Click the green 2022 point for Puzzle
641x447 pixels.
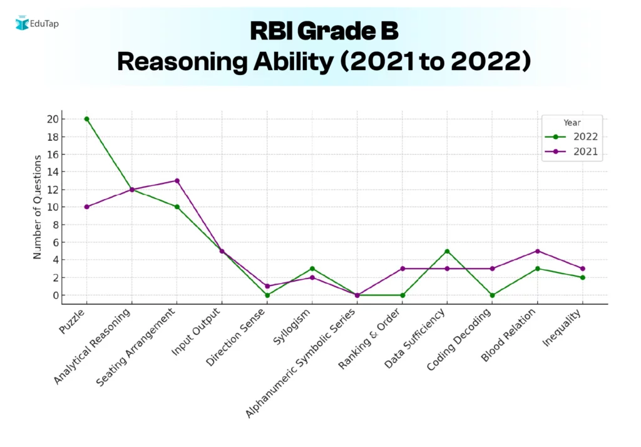click(86, 119)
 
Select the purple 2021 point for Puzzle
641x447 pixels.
click(86, 207)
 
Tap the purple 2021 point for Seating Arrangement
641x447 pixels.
click(177, 180)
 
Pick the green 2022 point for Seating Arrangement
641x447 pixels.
click(177, 207)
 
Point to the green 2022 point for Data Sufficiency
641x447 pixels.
click(447, 251)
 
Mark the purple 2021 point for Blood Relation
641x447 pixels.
click(537, 251)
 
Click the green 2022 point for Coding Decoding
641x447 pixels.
click(492, 295)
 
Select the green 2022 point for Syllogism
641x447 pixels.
click(312, 269)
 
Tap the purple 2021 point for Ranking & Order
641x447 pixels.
click(402, 269)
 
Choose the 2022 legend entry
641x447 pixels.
click(572, 136)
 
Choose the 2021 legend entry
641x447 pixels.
click(572, 152)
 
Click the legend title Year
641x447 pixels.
click(572, 123)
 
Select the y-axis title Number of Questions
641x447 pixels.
click(38, 207)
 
